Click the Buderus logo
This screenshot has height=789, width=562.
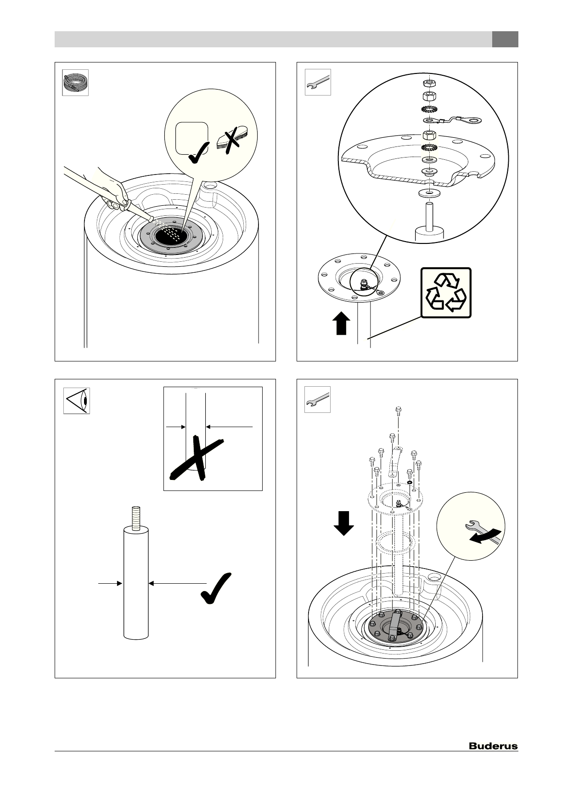pos(493,746)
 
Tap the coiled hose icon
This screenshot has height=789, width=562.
pos(75,83)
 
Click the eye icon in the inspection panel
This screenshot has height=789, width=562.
pos(76,400)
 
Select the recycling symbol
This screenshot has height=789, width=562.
pos(446,293)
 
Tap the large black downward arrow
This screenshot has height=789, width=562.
pos(343,523)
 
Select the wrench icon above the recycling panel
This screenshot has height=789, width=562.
pos(318,82)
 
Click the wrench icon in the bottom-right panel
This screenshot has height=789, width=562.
pos(317,400)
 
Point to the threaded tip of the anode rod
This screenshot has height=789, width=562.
pos(136,518)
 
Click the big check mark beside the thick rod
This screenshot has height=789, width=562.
pos(217,587)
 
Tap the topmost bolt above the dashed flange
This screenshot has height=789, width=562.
pos(398,410)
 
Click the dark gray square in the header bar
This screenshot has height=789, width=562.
pos(505,39)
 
